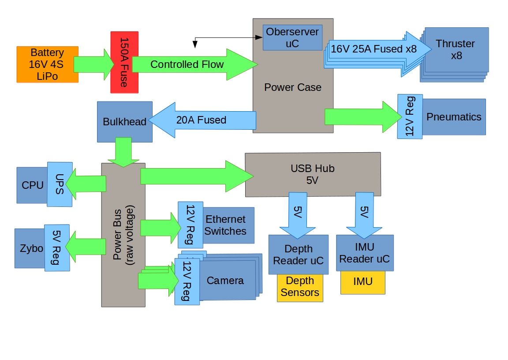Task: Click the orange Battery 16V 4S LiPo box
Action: (x=47, y=64)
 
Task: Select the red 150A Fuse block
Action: (x=124, y=62)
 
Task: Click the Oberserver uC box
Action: (x=292, y=37)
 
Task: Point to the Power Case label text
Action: (x=292, y=87)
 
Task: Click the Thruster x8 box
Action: (x=456, y=49)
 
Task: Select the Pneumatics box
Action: (x=454, y=117)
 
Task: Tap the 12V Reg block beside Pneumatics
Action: (x=410, y=116)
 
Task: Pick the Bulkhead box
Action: (x=124, y=122)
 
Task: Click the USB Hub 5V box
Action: (x=313, y=174)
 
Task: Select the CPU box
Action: (x=32, y=185)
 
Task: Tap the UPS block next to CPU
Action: (x=60, y=184)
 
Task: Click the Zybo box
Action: (x=30, y=248)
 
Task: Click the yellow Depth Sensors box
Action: (x=300, y=287)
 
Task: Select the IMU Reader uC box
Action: (x=364, y=253)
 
